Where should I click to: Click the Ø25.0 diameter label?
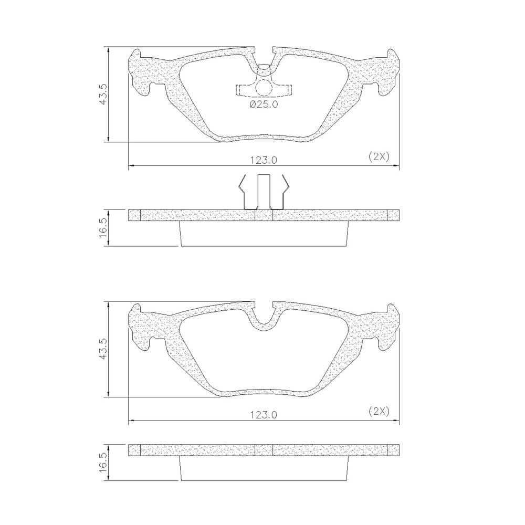click(x=264, y=104)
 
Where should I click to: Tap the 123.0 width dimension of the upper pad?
click(x=264, y=160)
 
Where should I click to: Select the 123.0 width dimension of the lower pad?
click(x=264, y=415)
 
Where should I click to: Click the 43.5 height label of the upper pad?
click(x=103, y=94)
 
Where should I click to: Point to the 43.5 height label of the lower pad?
click(x=103, y=349)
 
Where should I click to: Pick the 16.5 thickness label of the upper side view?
click(x=103, y=228)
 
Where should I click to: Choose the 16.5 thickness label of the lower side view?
click(x=103, y=463)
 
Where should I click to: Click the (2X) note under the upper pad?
click(x=379, y=156)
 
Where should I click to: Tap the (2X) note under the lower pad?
click(x=379, y=411)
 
